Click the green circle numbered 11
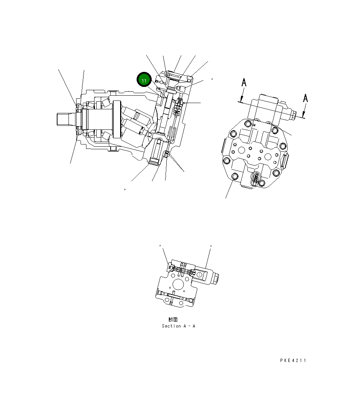(144, 80)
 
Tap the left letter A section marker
(244, 83)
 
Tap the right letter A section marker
(305, 98)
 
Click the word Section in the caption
(171, 326)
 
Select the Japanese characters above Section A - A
(173, 320)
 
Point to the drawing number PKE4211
(293, 361)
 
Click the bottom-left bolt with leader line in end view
(234, 178)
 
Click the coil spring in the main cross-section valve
(179, 102)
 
